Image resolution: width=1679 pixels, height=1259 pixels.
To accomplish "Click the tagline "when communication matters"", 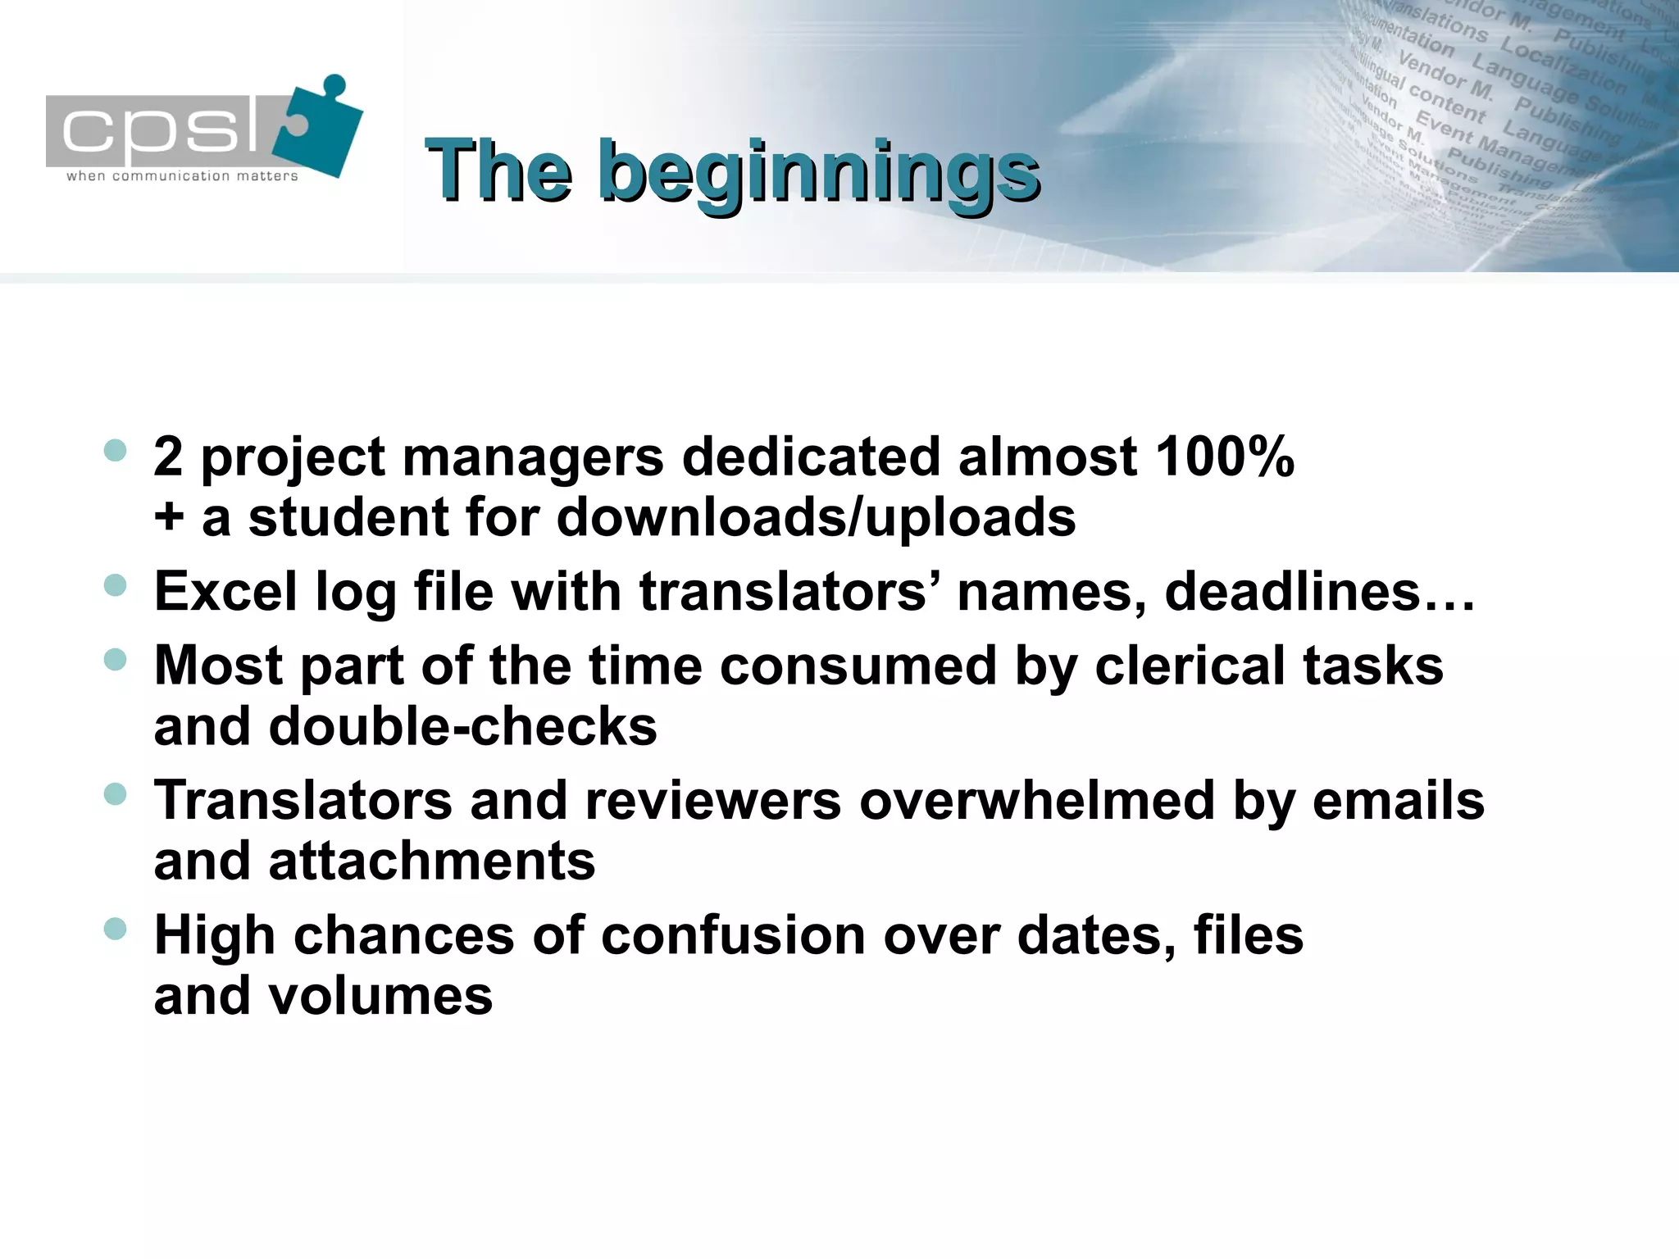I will click(x=182, y=176).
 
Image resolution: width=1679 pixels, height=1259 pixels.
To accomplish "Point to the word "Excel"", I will click(x=225, y=591).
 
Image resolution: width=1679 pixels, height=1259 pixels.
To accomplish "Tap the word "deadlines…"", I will click(x=1319, y=591).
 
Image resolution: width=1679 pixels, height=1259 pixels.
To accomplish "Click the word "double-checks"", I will click(x=462, y=726).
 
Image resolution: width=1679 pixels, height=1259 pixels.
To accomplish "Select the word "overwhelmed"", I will click(x=1036, y=800).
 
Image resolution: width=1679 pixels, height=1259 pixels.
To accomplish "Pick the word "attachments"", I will click(x=431, y=861).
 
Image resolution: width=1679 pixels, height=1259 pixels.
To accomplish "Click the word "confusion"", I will click(x=733, y=935).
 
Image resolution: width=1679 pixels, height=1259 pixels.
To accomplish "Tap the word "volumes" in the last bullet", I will click(x=380, y=996).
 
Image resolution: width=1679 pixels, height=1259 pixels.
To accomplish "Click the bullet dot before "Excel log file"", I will click(x=116, y=585).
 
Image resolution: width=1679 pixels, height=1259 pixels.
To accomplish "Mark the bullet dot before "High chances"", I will click(x=116, y=929).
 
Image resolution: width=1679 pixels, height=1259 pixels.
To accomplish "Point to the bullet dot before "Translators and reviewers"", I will click(x=116, y=793).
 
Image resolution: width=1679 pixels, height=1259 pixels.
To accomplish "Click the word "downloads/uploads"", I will click(x=816, y=518).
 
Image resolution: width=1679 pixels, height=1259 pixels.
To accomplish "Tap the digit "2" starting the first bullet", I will click(x=168, y=457).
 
